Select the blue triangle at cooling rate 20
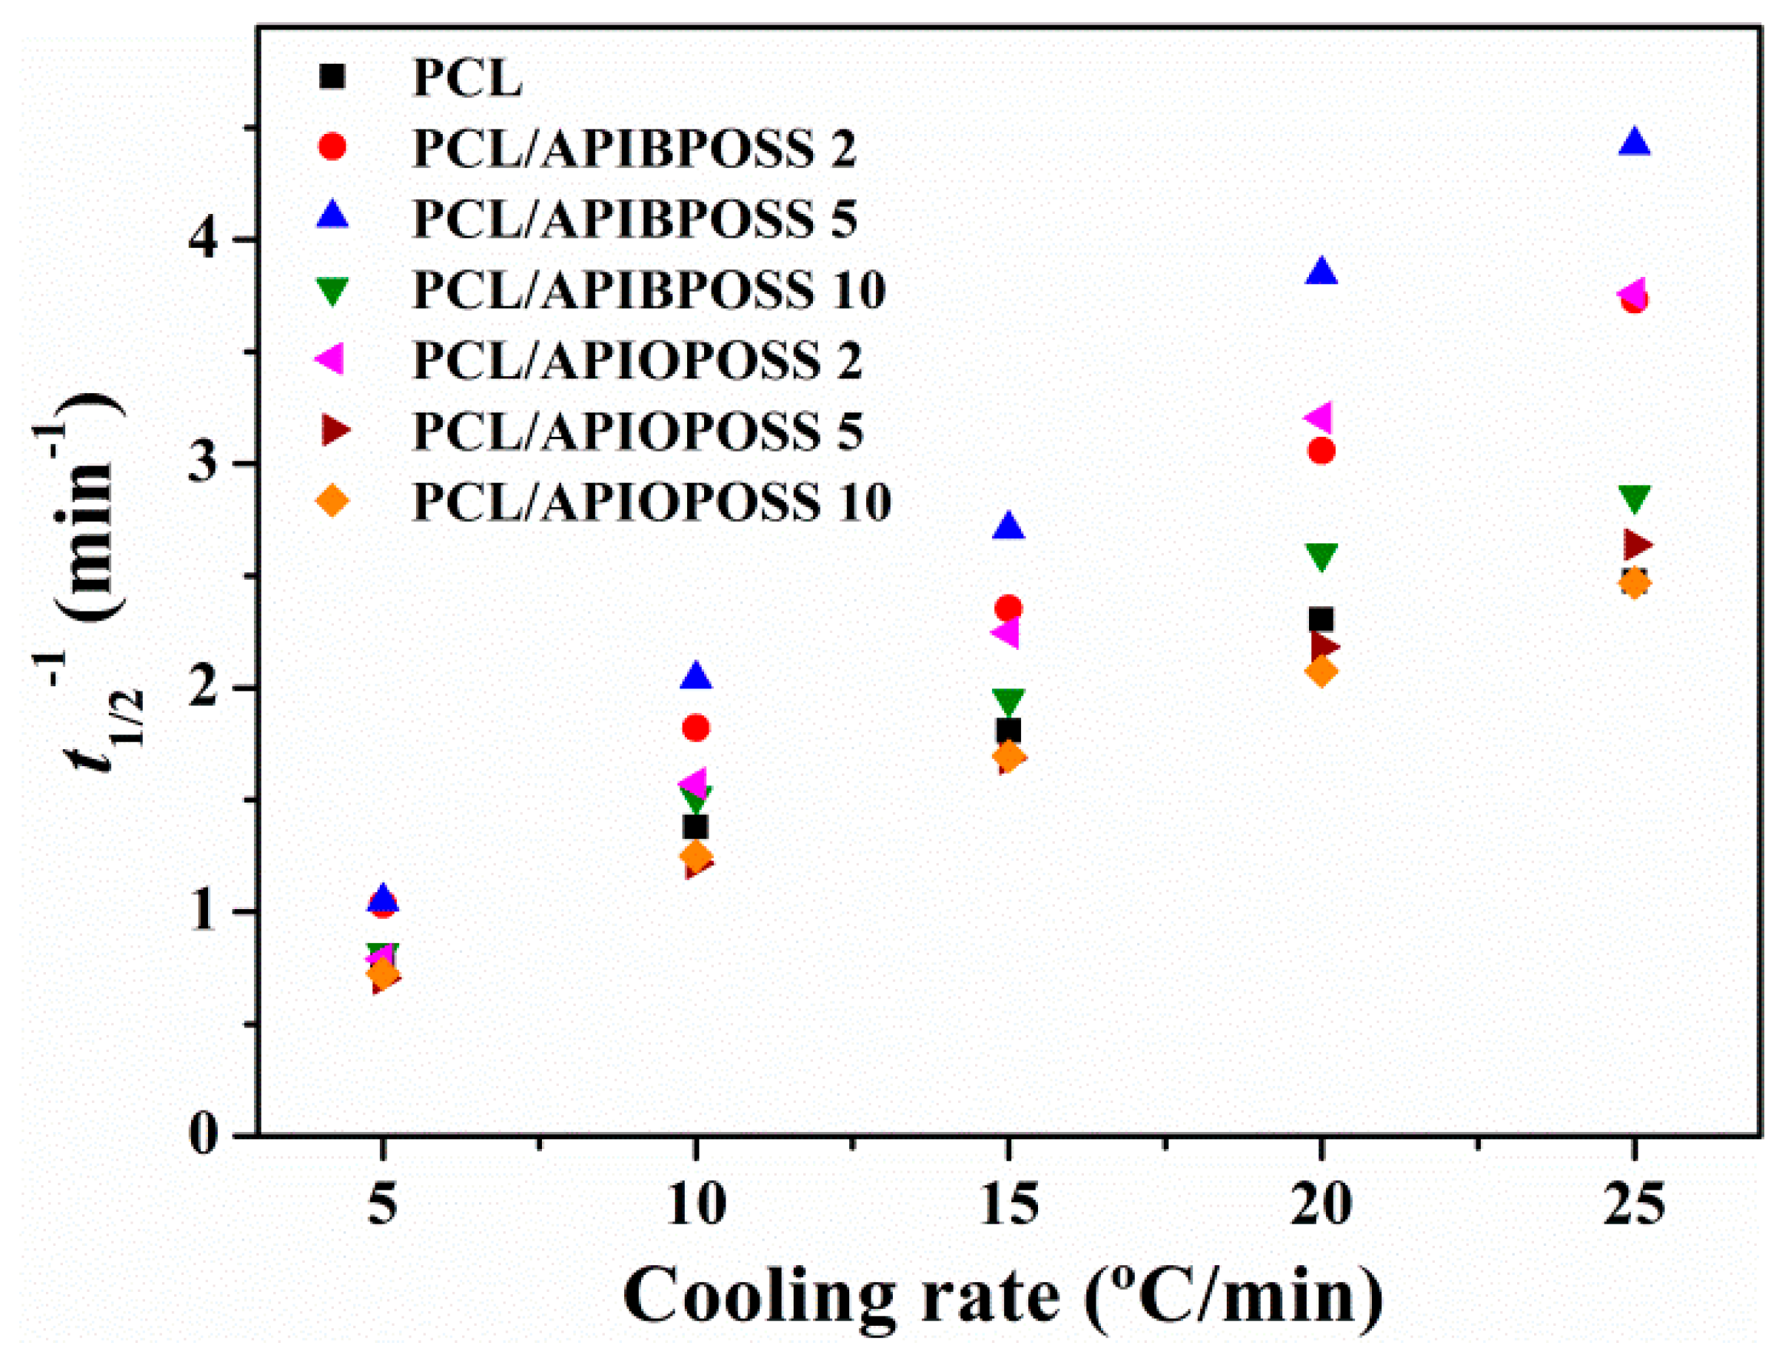tap(1321, 273)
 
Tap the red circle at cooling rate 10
tap(696, 728)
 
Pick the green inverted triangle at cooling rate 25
tap(1633, 499)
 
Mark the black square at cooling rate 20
tap(1321, 620)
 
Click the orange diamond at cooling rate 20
tap(1321, 671)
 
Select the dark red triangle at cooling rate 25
tap(1636, 546)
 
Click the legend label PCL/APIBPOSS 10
tap(649, 289)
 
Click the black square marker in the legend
tap(332, 77)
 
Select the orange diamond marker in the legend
tap(332, 501)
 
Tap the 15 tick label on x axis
tap(1008, 1204)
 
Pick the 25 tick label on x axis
tap(1633, 1204)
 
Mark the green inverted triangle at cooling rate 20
tap(1321, 556)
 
